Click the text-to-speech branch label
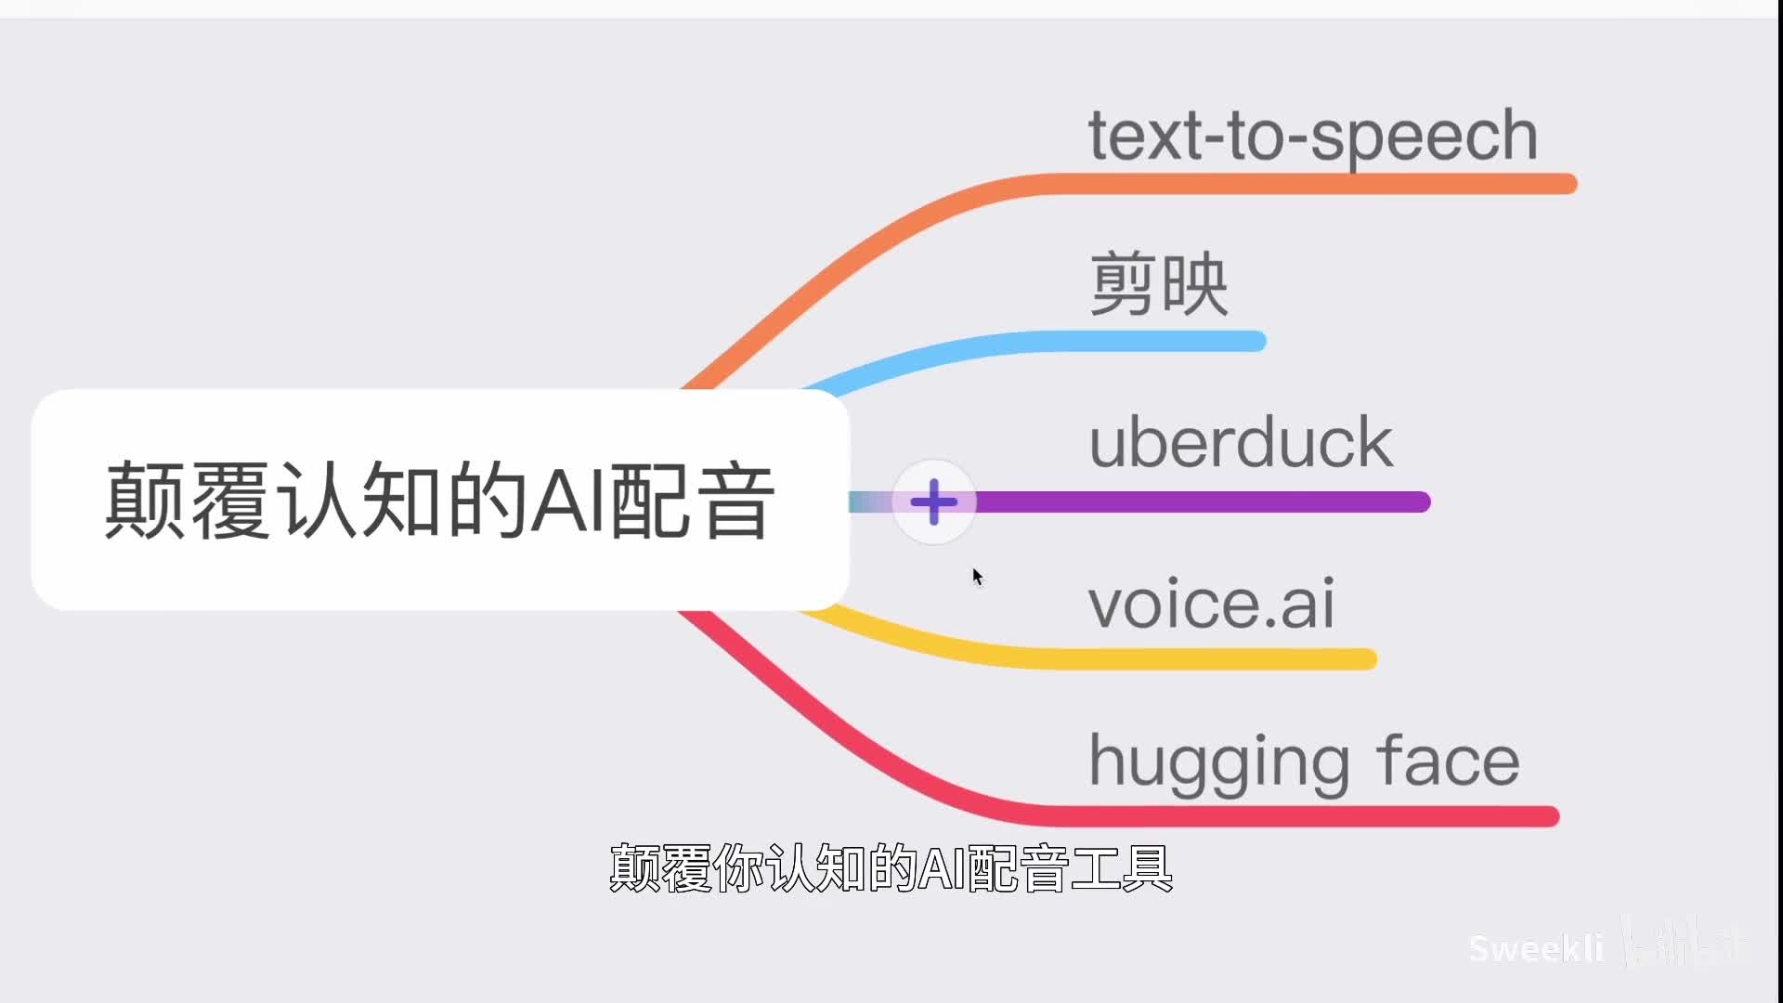tap(1312, 136)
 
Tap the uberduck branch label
tap(1241, 442)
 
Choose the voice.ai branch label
tap(1211, 604)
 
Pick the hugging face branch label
tap(1304, 761)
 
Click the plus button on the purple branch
tap(934, 502)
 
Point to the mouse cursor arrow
tap(976, 576)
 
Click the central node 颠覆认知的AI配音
tap(439, 500)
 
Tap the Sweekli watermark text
tap(1536, 948)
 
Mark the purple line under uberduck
tap(1207, 502)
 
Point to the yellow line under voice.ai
tap(1207, 659)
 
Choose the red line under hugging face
tap(1300, 816)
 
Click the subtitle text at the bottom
tap(891, 868)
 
